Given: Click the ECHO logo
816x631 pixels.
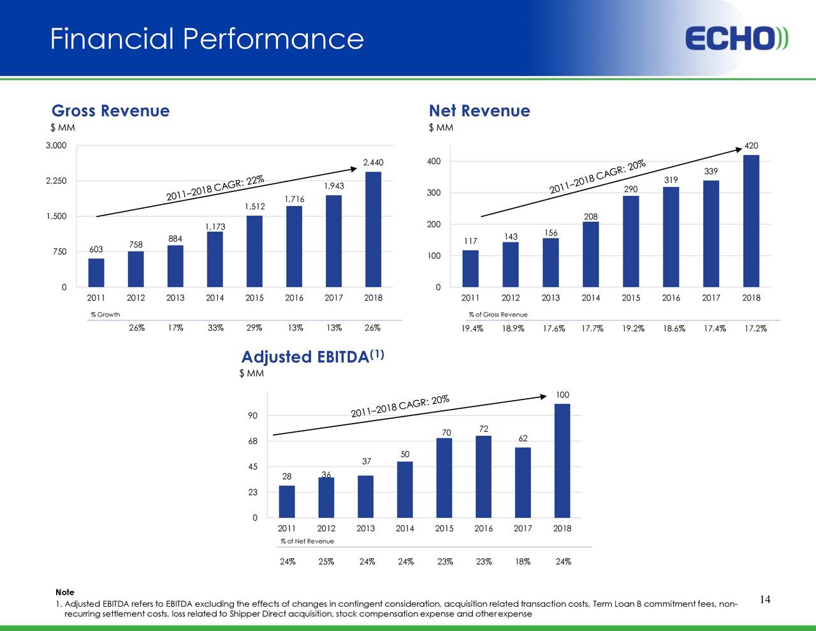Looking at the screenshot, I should [x=736, y=39].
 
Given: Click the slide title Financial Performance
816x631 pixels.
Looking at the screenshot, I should [x=207, y=39].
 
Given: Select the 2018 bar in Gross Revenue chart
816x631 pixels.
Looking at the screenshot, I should [x=373, y=229].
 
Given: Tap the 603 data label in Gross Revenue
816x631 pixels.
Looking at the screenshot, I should [x=96, y=249].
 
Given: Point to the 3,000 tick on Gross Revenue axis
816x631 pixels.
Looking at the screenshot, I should [x=56, y=146].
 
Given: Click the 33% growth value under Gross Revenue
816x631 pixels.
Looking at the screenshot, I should [x=215, y=329].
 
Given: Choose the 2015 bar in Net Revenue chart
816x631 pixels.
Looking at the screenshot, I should [x=630, y=241].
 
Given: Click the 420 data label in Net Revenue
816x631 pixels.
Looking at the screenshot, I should [x=751, y=146].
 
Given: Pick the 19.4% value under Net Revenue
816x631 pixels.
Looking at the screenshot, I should [x=472, y=329].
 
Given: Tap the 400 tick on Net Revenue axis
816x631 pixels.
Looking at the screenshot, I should [x=433, y=161].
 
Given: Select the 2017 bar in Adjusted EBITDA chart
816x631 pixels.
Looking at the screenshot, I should [x=523, y=482].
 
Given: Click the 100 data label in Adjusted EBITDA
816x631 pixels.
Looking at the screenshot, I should [x=562, y=395].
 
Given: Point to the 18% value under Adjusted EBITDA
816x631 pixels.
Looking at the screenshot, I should [x=523, y=562].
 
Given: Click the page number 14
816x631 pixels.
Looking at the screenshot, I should [x=765, y=599].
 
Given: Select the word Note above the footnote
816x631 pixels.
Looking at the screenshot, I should [x=64, y=592].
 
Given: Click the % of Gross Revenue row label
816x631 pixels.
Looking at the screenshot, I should [x=498, y=315].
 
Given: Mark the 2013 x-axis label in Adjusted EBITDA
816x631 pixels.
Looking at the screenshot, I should [x=365, y=528].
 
